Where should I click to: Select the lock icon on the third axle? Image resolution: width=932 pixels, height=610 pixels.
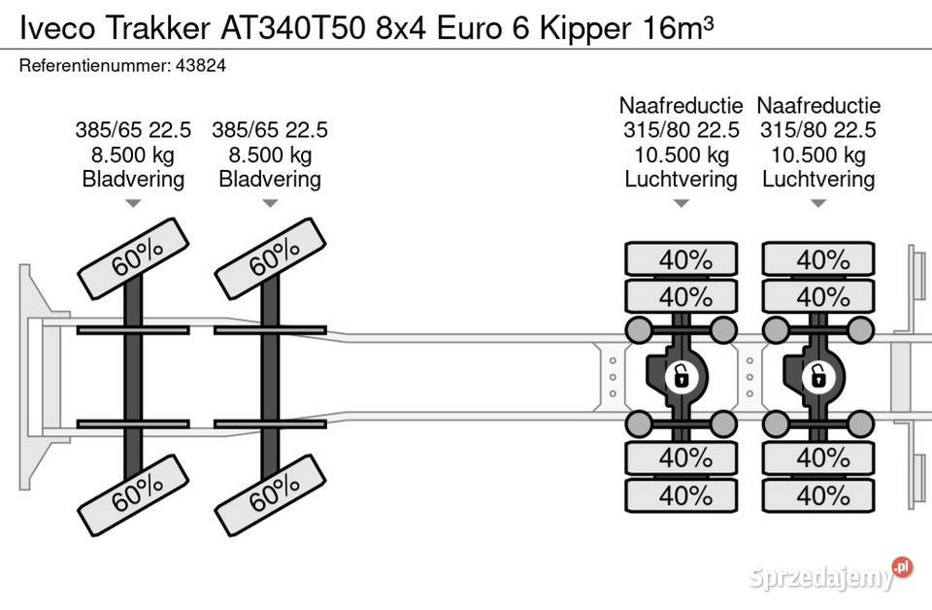click(x=681, y=375)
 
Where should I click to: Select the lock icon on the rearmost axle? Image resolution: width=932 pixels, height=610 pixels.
click(x=817, y=375)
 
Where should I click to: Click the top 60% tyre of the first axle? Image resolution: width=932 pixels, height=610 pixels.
click(x=135, y=258)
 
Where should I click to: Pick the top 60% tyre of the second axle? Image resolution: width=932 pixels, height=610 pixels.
click(x=271, y=258)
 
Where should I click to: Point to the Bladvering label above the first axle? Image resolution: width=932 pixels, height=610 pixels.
click(x=134, y=179)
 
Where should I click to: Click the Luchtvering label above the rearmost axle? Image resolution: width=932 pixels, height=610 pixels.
click(x=818, y=179)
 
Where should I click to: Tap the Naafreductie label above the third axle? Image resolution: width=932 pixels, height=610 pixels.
click(x=682, y=106)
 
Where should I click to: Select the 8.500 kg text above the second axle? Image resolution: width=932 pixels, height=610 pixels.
click(x=270, y=154)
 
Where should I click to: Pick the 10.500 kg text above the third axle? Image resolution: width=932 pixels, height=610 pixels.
click(x=682, y=154)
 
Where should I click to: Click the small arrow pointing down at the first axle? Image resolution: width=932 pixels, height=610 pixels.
click(x=134, y=203)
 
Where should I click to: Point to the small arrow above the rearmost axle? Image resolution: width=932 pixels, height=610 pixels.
click(x=818, y=203)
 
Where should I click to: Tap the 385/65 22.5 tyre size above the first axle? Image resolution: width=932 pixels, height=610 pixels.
click(x=134, y=130)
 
